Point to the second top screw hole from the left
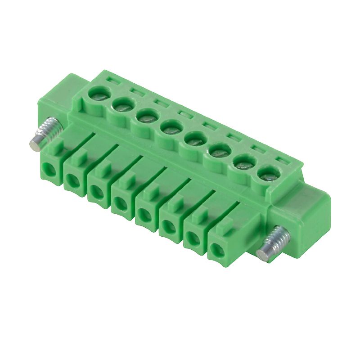tap(121, 106)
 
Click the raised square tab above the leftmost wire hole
tap(55, 147)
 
